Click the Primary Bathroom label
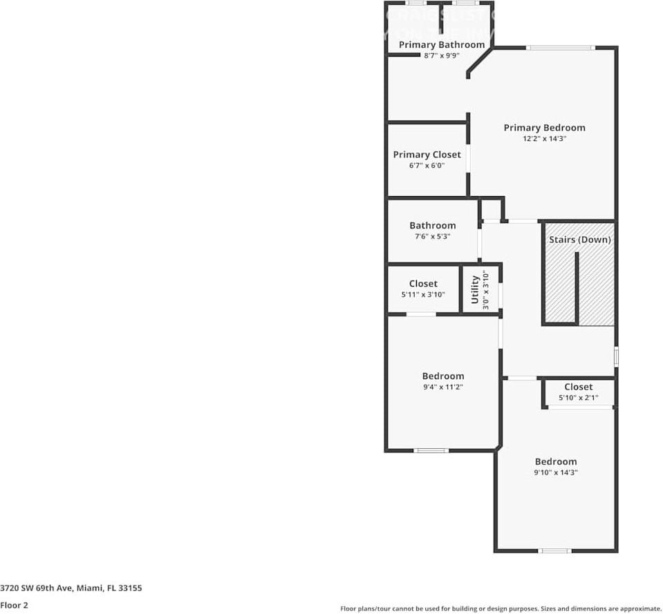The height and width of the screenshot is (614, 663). pos(441,45)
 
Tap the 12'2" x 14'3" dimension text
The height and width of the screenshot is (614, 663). pos(544,139)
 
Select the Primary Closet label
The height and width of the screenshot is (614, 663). pos(427,155)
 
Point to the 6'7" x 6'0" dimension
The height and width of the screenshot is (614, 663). pos(427,166)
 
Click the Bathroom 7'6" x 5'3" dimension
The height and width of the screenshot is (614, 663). pos(432,237)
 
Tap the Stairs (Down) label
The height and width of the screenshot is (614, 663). pos(579,240)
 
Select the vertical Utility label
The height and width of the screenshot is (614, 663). pos(475,289)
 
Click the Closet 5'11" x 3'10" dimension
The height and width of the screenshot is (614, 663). pos(422,295)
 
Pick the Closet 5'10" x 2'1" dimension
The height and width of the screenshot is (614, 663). pos(578,398)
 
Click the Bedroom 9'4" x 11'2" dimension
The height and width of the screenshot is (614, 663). pos(442,387)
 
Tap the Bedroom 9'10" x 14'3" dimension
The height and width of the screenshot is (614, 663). pos(555,473)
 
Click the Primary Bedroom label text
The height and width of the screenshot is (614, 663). pos(544,128)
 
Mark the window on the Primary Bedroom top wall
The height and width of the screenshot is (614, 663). pos(559,48)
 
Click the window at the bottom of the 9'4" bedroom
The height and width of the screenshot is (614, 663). pos(431,450)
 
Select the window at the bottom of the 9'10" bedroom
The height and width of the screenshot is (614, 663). pos(555,551)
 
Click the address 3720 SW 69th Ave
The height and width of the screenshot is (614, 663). pos(71,588)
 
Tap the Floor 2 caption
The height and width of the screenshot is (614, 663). pos(14,605)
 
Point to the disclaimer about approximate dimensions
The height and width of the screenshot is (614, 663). pos(501,608)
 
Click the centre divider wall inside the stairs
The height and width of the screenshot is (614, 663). pos(577,287)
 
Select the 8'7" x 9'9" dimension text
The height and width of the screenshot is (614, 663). pos(441,55)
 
